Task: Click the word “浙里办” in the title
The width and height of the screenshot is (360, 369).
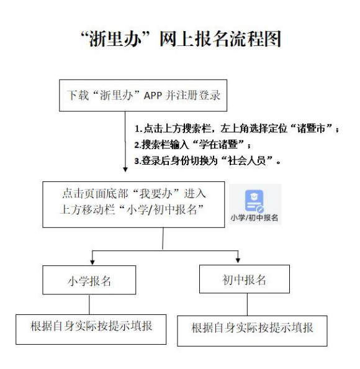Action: coord(115,39)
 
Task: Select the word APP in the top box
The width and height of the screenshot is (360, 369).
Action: coord(153,96)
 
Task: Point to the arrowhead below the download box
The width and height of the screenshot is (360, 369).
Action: coord(125,170)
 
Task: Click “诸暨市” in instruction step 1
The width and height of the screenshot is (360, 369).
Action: coord(311,129)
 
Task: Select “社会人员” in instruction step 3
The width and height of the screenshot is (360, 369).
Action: coord(247,161)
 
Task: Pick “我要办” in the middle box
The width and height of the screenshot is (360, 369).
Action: coord(156,194)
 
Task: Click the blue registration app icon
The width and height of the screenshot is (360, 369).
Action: coord(254,201)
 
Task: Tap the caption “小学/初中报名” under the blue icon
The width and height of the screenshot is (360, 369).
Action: coord(254,217)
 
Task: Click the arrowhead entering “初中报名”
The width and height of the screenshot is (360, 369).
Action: coord(238,260)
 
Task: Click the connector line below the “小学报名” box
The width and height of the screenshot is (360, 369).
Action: coord(89,304)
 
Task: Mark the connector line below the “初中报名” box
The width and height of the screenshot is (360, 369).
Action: coord(247,304)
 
